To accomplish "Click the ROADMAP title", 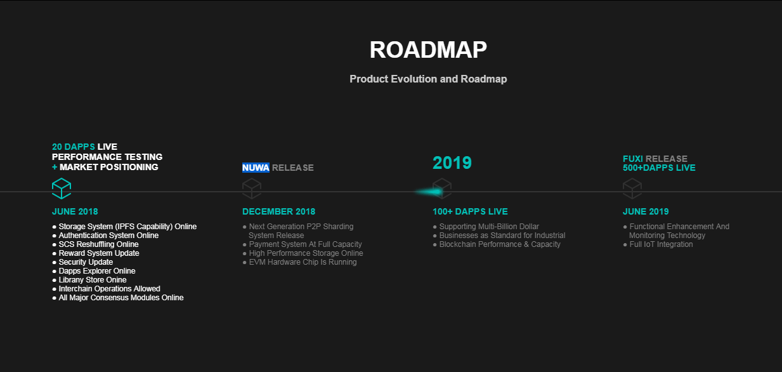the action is click(x=428, y=50).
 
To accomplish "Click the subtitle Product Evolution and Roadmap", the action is click(x=428, y=79).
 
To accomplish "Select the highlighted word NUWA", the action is click(x=256, y=168).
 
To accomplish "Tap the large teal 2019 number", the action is click(x=452, y=163).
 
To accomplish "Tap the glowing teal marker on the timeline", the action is click(x=429, y=192).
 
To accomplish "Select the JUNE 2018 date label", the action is click(x=75, y=211).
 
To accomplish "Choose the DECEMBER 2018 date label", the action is click(x=278, y=211).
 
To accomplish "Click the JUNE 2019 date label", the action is click(x=646, y=211).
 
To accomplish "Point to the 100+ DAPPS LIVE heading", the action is click(x=470, y=211).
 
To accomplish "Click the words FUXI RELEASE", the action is click(x=655, y=159).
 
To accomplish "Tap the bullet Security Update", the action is click(x=82, y=262).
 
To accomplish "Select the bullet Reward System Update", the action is click(x=96, y=253).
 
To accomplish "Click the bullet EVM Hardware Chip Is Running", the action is click(x=299, y=262).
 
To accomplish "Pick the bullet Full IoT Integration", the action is click(x=658, y=244).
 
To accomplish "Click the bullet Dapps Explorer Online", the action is click(x=94, y=271).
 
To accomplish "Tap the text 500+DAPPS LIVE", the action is click(x=659, y=168).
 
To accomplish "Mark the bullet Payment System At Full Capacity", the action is click(x=302, y=244).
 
